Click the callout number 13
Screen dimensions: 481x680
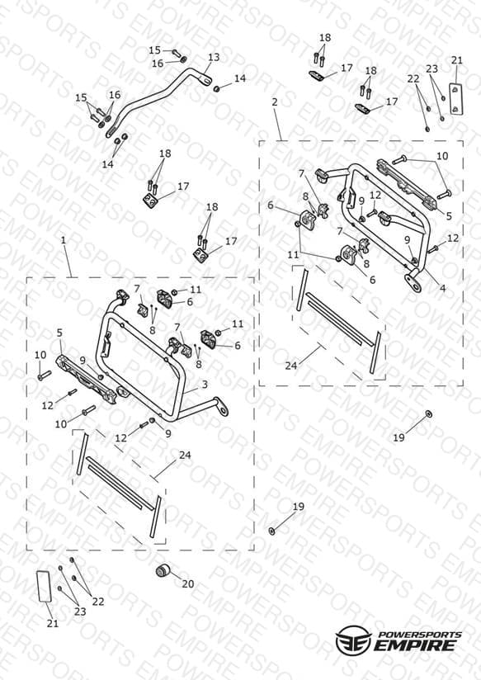coord(214,57)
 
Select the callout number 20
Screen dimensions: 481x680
coord(188,584)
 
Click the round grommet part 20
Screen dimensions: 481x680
coord(163,571)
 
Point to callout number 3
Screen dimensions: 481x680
coord(205,385)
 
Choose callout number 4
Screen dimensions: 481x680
coord(443,287)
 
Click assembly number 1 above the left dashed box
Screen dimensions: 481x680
coord(64,240)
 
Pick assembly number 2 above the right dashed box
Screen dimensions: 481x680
coord(275,102)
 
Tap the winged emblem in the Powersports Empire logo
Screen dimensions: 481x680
coord(353,640)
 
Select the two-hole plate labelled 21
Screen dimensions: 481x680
coord(455,98)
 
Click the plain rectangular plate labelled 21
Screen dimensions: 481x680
coord(45,586)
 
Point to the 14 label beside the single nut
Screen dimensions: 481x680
coord(240,78)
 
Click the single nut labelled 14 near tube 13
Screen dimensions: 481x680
coord(216,89)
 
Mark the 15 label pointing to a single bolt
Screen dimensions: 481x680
coord(155,50)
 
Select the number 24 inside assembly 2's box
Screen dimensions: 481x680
coord(291,366)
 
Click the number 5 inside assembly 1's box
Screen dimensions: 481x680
coord(59,333)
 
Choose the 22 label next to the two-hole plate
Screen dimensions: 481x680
coord(413,79)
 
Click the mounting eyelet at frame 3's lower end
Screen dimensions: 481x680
coord(223,409)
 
